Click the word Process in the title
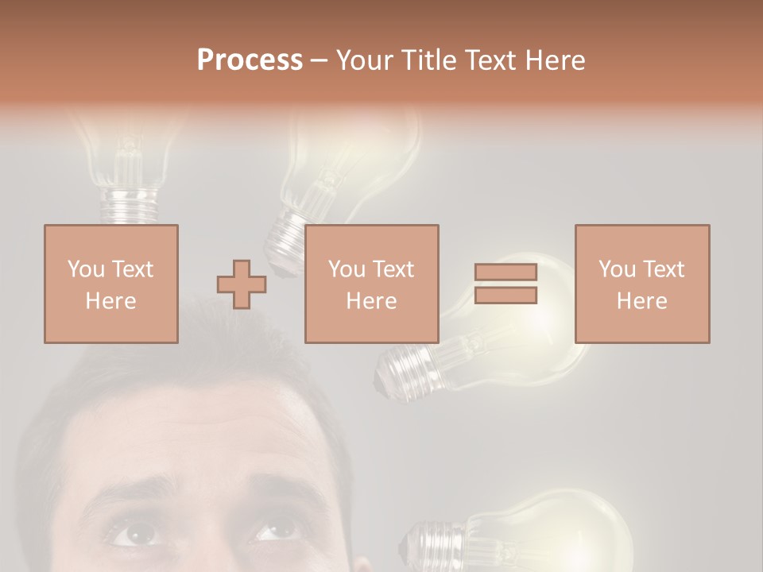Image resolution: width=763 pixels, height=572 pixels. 250,60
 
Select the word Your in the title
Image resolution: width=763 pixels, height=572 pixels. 366,60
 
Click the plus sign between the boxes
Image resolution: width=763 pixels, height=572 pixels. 242,284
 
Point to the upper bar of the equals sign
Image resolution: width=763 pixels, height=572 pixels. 505,272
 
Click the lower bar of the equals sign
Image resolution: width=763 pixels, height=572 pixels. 505,296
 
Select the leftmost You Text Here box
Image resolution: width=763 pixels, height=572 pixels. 110,284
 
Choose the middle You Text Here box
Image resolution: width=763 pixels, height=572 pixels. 371,284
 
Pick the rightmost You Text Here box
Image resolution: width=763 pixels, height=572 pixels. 641,284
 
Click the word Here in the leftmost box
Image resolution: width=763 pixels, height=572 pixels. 110,301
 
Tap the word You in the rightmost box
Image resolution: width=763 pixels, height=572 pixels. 617,269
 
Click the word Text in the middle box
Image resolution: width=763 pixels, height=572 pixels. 393,269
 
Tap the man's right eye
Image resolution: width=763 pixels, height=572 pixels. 275,528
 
